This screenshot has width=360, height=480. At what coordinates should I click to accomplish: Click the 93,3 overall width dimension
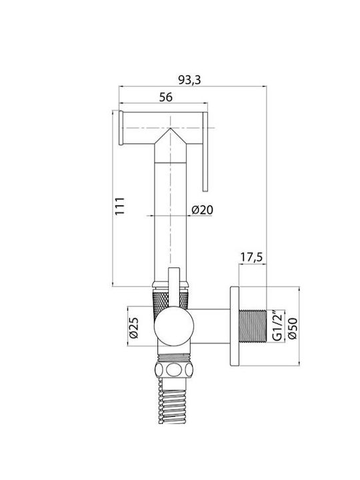tap(189, 80)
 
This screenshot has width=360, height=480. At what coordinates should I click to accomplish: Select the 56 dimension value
tap(166, 97)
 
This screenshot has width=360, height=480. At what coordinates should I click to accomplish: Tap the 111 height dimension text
tap(120, 206)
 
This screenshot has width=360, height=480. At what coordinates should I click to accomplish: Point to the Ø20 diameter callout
tap(202, 210)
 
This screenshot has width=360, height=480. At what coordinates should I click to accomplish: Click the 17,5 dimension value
tap(251, 257)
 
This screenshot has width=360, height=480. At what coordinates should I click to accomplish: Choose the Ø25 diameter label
tap(134, 327)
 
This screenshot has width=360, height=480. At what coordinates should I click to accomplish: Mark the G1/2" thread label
tap(277, 326)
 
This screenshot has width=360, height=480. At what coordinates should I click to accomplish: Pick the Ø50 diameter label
tap(293, 328)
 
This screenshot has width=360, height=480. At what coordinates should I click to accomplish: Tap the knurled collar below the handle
tap(170, 300)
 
